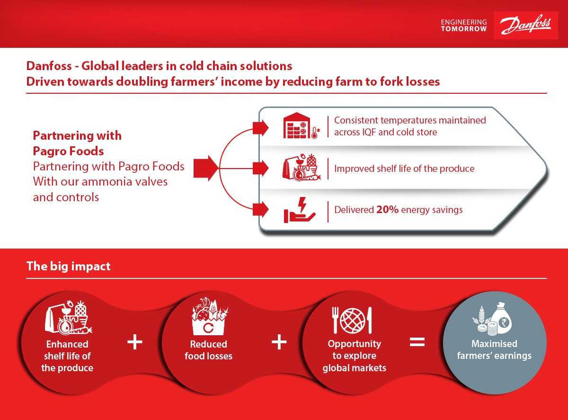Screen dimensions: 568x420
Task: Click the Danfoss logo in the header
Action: tap(525, 25)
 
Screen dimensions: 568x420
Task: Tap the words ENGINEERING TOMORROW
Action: tap(464, 26)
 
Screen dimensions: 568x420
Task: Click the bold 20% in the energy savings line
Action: tap(387, 210)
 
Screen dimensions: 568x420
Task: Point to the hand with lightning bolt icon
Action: tap(300, 210)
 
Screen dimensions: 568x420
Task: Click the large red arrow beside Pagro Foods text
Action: tap(205, 169)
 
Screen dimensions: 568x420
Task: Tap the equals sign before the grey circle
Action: tap(417, 342)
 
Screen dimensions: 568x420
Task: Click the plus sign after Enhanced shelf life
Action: tap(135, 342)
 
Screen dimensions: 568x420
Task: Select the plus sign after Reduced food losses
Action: tap(279, 342)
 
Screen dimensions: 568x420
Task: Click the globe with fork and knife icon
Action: tap(352, 320)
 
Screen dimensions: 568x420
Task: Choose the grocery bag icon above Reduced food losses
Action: tap(209, 316)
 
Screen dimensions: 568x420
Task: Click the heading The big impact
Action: tap(68, 266)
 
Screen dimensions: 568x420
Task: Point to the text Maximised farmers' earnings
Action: tap(494, 349)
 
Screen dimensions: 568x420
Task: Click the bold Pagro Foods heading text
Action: tap(68, 151)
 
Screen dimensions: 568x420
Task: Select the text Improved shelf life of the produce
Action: tap(404, 169)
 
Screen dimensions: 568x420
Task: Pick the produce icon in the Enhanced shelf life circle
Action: tap(68, 318)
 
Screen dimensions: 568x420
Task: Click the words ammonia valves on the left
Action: tap(124, 182)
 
